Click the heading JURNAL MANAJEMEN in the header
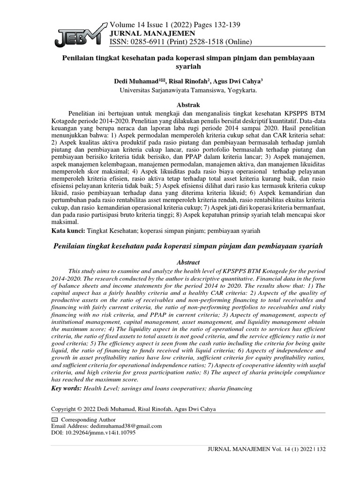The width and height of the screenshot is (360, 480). coord(143,34)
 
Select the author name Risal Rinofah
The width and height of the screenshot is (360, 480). coord(190,81)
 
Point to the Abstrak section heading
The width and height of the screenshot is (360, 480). coord(187,105)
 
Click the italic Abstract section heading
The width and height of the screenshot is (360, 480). coord(187,262)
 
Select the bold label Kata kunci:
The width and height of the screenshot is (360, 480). coord(68,232)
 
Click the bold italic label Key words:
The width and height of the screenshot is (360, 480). coord(67,389)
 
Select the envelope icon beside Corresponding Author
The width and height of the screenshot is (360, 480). coord(54,420)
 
